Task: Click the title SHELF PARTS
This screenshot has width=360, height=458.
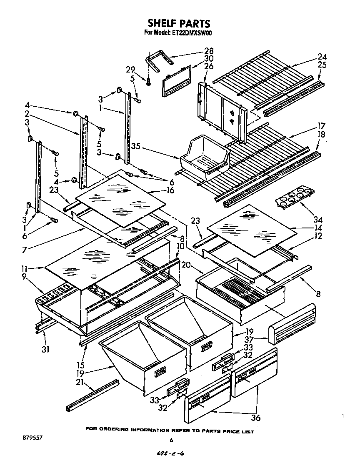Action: coord(180,23)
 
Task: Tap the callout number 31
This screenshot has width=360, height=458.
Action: coord(45,349)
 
